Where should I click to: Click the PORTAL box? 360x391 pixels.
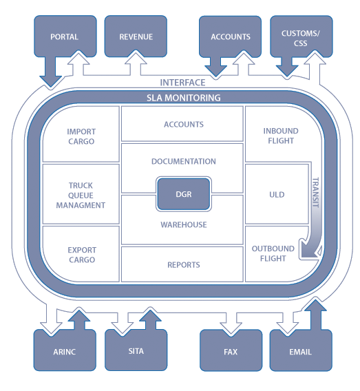(64, 36)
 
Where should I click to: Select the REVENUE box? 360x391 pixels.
(136, 36)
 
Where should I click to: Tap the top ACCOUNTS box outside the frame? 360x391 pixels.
(230, 36)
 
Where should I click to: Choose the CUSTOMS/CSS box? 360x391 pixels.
(300, 36)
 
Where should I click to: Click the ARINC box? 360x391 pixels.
(64, 351)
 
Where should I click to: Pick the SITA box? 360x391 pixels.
(136, 351)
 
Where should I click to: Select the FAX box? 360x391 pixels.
(231, 351)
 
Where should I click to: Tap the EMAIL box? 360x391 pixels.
(300, 351)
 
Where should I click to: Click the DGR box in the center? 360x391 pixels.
(183, 194)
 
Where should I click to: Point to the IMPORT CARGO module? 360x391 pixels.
(81, 136)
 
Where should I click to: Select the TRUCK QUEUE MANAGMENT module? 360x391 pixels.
(81, 195)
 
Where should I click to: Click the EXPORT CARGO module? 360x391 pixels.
(81, 255)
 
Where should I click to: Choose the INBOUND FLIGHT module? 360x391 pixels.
(279, 136)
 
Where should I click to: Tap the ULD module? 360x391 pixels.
(277, 195)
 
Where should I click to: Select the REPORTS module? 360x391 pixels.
(183, 264)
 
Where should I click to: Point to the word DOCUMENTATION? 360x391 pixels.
(183, 162)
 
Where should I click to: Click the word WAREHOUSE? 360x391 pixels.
(183, 224)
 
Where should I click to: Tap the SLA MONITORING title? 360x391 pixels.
(183, 98)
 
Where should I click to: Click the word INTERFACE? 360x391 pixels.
(182, 82)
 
